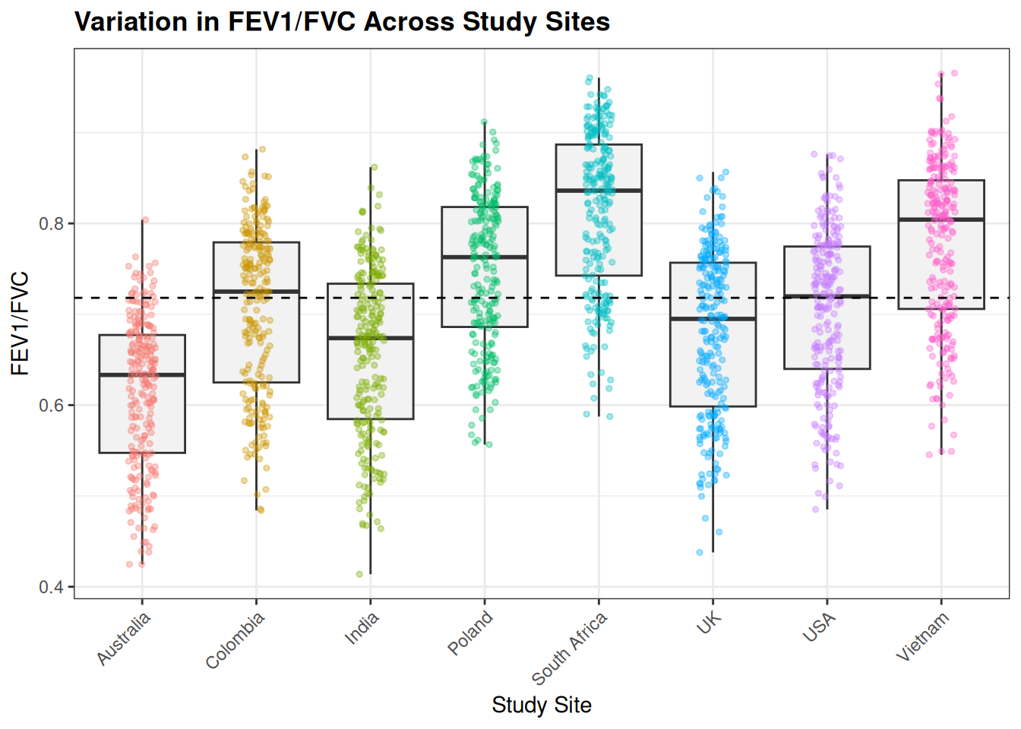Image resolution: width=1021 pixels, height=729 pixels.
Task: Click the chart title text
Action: coord(342,21)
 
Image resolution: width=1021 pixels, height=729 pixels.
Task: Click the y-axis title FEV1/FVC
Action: coord(21,323)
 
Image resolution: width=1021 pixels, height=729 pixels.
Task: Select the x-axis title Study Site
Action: coord(541,705)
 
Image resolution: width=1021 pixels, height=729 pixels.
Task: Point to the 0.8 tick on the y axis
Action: coord(53,224)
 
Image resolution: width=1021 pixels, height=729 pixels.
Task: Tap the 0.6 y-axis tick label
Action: coord(53,406)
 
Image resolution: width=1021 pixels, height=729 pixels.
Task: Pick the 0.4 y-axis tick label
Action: coord(53,587)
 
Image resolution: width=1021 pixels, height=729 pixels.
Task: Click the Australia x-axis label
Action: coord(125,639)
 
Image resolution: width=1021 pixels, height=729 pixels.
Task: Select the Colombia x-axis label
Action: coord(235,640)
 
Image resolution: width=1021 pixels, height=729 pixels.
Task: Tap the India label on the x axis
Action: coord(362,629)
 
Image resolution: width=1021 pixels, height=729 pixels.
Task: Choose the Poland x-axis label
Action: coord(470,633)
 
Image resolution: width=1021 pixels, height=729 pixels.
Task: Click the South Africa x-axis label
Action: coord(570,648)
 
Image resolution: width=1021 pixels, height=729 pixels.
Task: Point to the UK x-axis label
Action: coord(709,623)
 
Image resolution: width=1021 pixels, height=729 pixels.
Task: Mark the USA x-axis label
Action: coord(820,627)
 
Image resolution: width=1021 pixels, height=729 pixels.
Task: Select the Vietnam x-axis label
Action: coord(923,636)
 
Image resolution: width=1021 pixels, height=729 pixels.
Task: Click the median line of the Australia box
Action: coord(142,375)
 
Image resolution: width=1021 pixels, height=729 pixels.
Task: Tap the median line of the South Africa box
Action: coord(599,191)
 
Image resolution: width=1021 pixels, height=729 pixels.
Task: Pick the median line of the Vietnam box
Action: coord(941,219)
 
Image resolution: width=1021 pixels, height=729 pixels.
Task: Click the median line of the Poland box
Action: coord(485,257)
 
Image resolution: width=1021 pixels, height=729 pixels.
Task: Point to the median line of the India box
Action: coord(371,338)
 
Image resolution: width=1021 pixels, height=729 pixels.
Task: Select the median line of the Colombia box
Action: coord(256,292)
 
